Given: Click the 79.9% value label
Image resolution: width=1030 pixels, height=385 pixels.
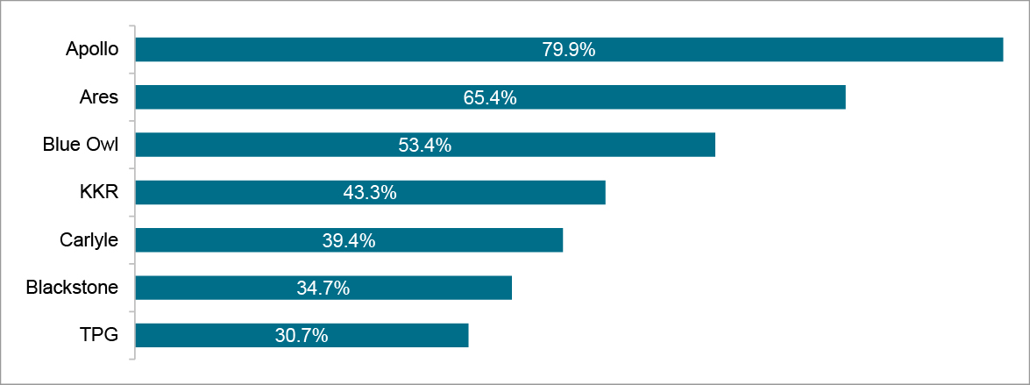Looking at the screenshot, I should pos(569,50).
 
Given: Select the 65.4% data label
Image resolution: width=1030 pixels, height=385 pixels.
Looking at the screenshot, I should pos(490,97).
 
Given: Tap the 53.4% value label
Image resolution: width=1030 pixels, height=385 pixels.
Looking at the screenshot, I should pos(425,145).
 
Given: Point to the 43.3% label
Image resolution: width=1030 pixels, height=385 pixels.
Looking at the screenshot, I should pos(370,192).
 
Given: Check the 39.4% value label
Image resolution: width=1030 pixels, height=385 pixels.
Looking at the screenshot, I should pos(349,239).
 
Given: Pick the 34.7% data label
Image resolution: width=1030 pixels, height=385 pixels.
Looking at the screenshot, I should pos(323,287).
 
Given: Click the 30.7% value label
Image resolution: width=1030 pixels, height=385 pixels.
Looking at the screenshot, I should pos(302,335).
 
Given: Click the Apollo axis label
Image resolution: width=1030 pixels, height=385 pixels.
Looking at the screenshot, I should pos(92,50).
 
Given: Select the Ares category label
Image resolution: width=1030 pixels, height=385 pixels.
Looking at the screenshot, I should pos(99,97).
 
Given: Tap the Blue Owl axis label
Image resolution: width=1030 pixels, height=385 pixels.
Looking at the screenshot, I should pos(81,145).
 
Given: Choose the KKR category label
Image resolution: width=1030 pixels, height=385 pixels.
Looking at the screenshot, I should pos(99,192).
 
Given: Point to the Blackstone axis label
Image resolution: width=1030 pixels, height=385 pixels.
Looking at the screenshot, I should pos(72,287).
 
